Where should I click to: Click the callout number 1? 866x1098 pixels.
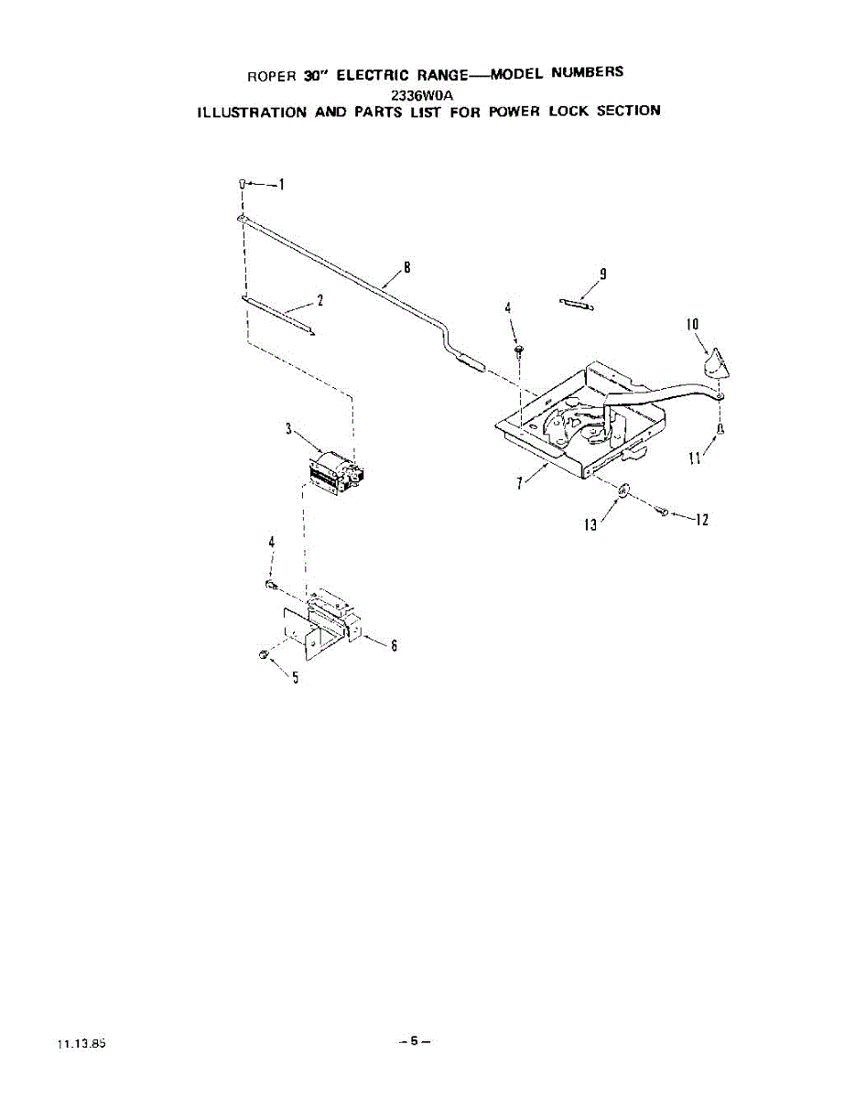pos(281,185)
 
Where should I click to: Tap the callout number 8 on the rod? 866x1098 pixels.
pos(406,268)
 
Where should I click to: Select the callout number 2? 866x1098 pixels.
pos(319,299)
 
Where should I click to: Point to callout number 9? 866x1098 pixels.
pos(602,274)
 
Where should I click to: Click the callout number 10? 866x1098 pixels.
pos(692,324)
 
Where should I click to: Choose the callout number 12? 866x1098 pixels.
pos(701,521)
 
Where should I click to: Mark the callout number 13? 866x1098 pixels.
pos(591,524)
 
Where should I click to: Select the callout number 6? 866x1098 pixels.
pos(393,645)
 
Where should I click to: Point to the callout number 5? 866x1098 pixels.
pos(295,677)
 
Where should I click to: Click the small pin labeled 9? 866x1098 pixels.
pos(577,303)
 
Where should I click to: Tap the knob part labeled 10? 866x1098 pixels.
pos(716,363)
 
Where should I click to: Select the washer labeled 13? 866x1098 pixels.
pos(622,491)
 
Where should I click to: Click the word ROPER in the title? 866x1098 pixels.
pos(273,76)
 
